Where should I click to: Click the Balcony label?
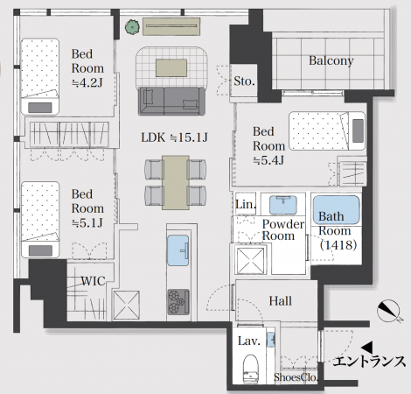coord(331,60)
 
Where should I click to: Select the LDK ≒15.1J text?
coord(175,137)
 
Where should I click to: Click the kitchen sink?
coord(176,251)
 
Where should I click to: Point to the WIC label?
coord(94,282)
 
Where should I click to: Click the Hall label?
coord(280,301)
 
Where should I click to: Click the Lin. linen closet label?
coord(246,204)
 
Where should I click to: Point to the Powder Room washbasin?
coord(282,206)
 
